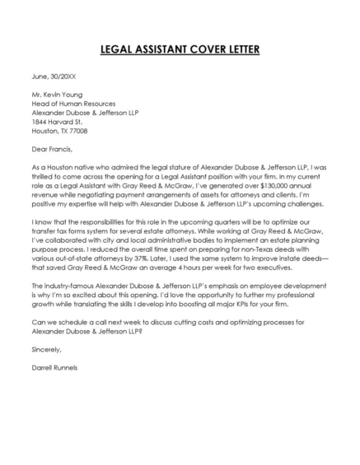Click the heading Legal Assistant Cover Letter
click(180, 49)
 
